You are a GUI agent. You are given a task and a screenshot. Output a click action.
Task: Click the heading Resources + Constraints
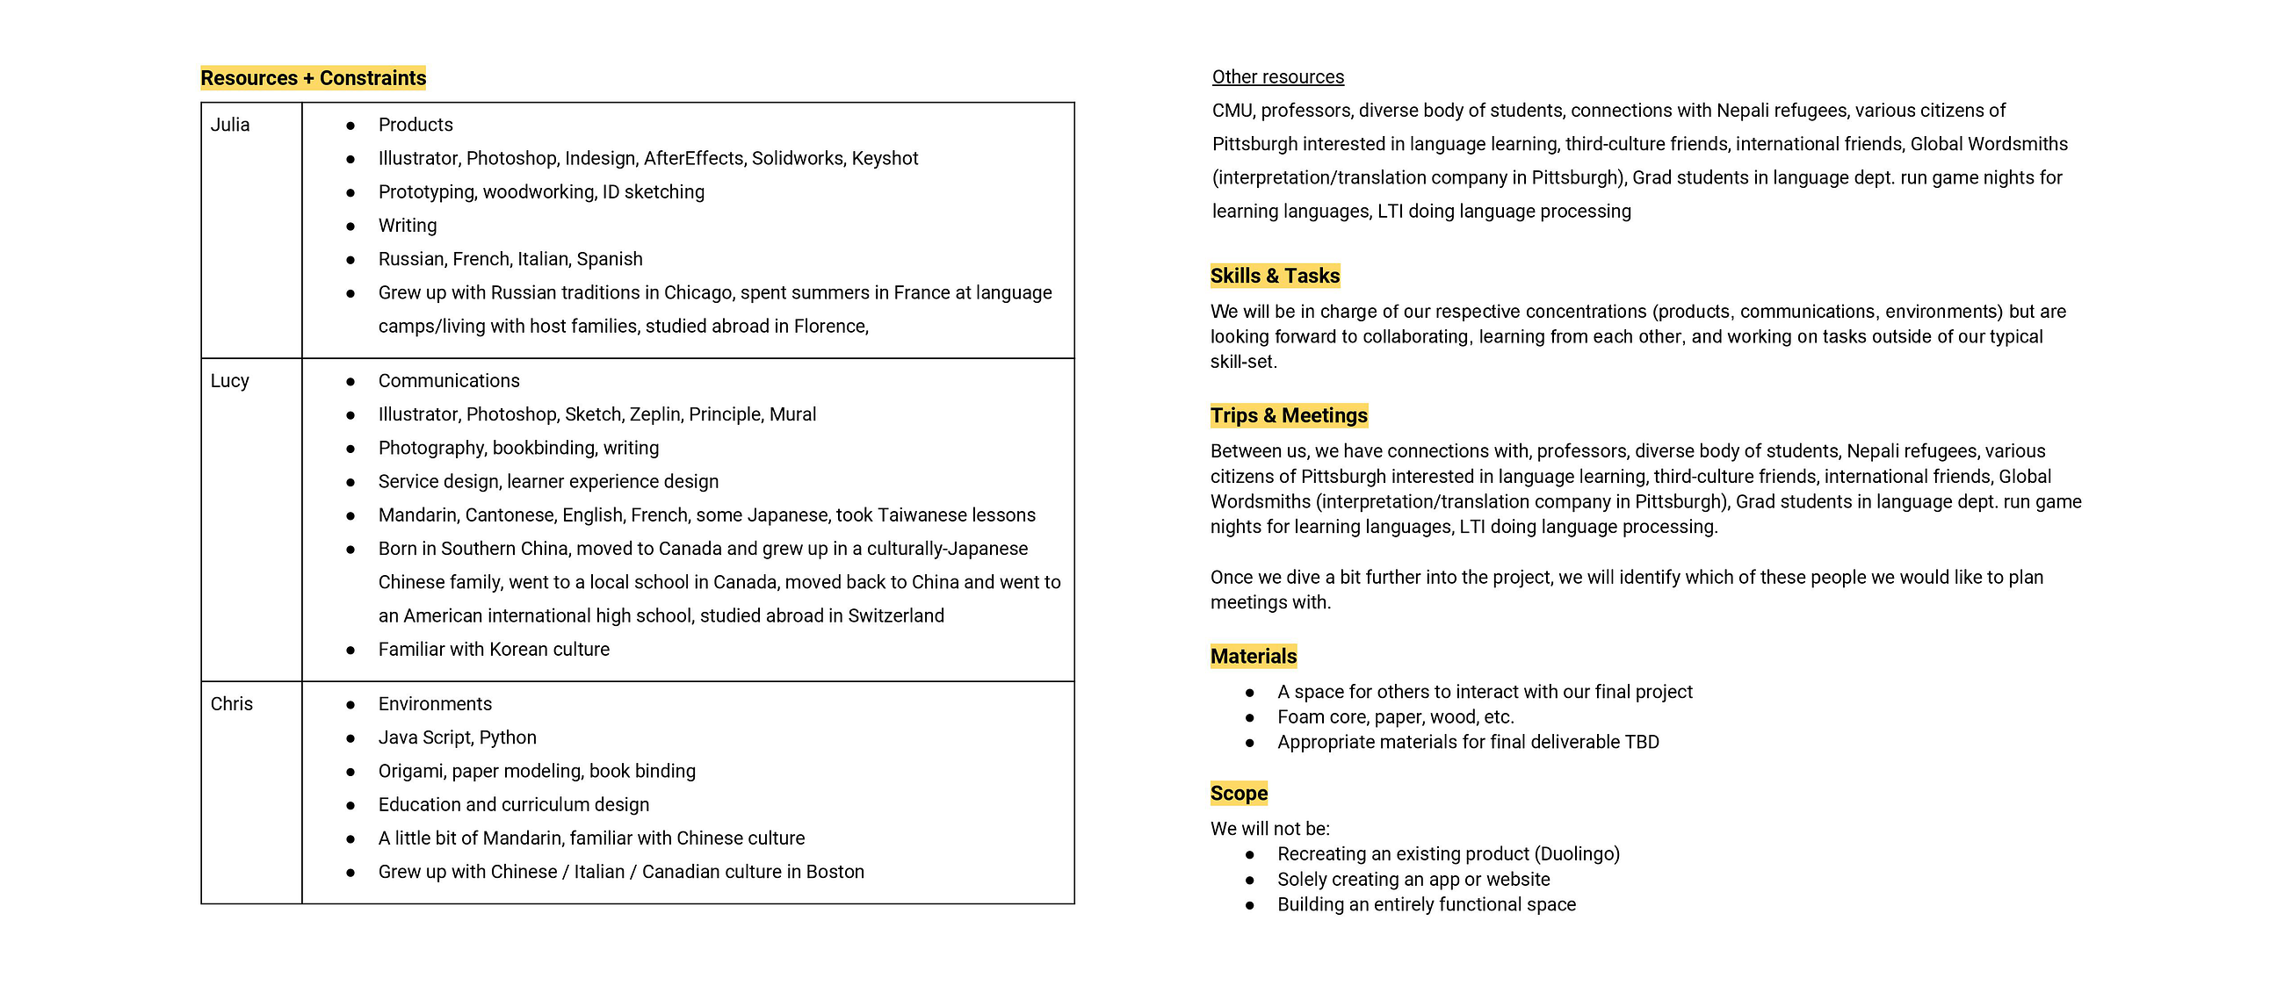pyautogui.click(x=313, y=78)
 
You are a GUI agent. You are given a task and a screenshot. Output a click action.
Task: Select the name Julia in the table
pyautogui.click(x=229, y=125)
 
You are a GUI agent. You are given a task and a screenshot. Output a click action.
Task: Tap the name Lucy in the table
pyautogui.click(x=229, y=381)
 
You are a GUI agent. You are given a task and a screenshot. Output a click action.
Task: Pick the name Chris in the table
pyautogui.click(x=231, y=704)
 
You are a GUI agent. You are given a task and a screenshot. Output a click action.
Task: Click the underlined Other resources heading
pyautogui.click(x=1277, y=77)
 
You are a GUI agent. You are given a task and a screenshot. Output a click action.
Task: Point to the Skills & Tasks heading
pyautogui.click(x=1274, y=276)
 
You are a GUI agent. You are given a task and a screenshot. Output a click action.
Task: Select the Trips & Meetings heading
pyautogui.click(x=1289, y=416)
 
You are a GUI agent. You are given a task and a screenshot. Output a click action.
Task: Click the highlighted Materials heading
pyautogui.click(x=1253, y=657)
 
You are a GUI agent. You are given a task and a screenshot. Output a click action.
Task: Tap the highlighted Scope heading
pyautogui.click(x=1239, y=794)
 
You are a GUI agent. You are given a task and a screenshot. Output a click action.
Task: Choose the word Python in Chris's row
pyautogui.click(x=507, y=737)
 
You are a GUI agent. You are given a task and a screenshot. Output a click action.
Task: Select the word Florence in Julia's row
pyautogui.click(x=830, y=327)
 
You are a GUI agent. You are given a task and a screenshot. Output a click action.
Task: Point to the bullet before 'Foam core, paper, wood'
pyautogui.click(x=1250, y=718)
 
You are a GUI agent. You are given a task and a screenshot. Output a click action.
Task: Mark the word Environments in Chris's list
pyautogui.click(x=435, y=704)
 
